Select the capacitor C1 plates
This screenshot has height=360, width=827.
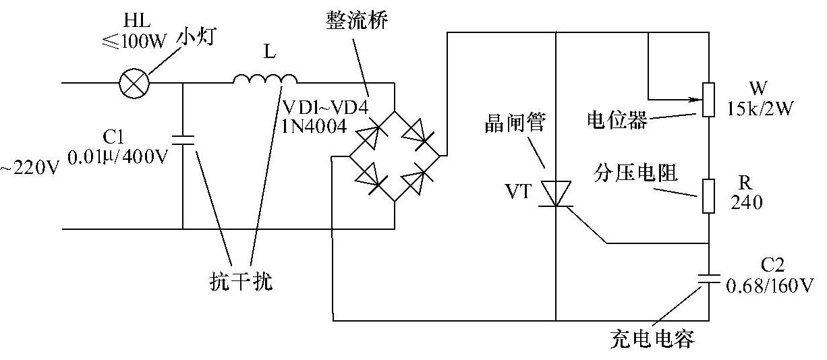coord(183,140)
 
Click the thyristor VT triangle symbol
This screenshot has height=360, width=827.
coord(555,194)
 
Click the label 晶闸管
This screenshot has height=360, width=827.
coord(515,123)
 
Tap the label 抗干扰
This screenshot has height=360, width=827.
coord(241,281)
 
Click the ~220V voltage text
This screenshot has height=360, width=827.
coord(30,167)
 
